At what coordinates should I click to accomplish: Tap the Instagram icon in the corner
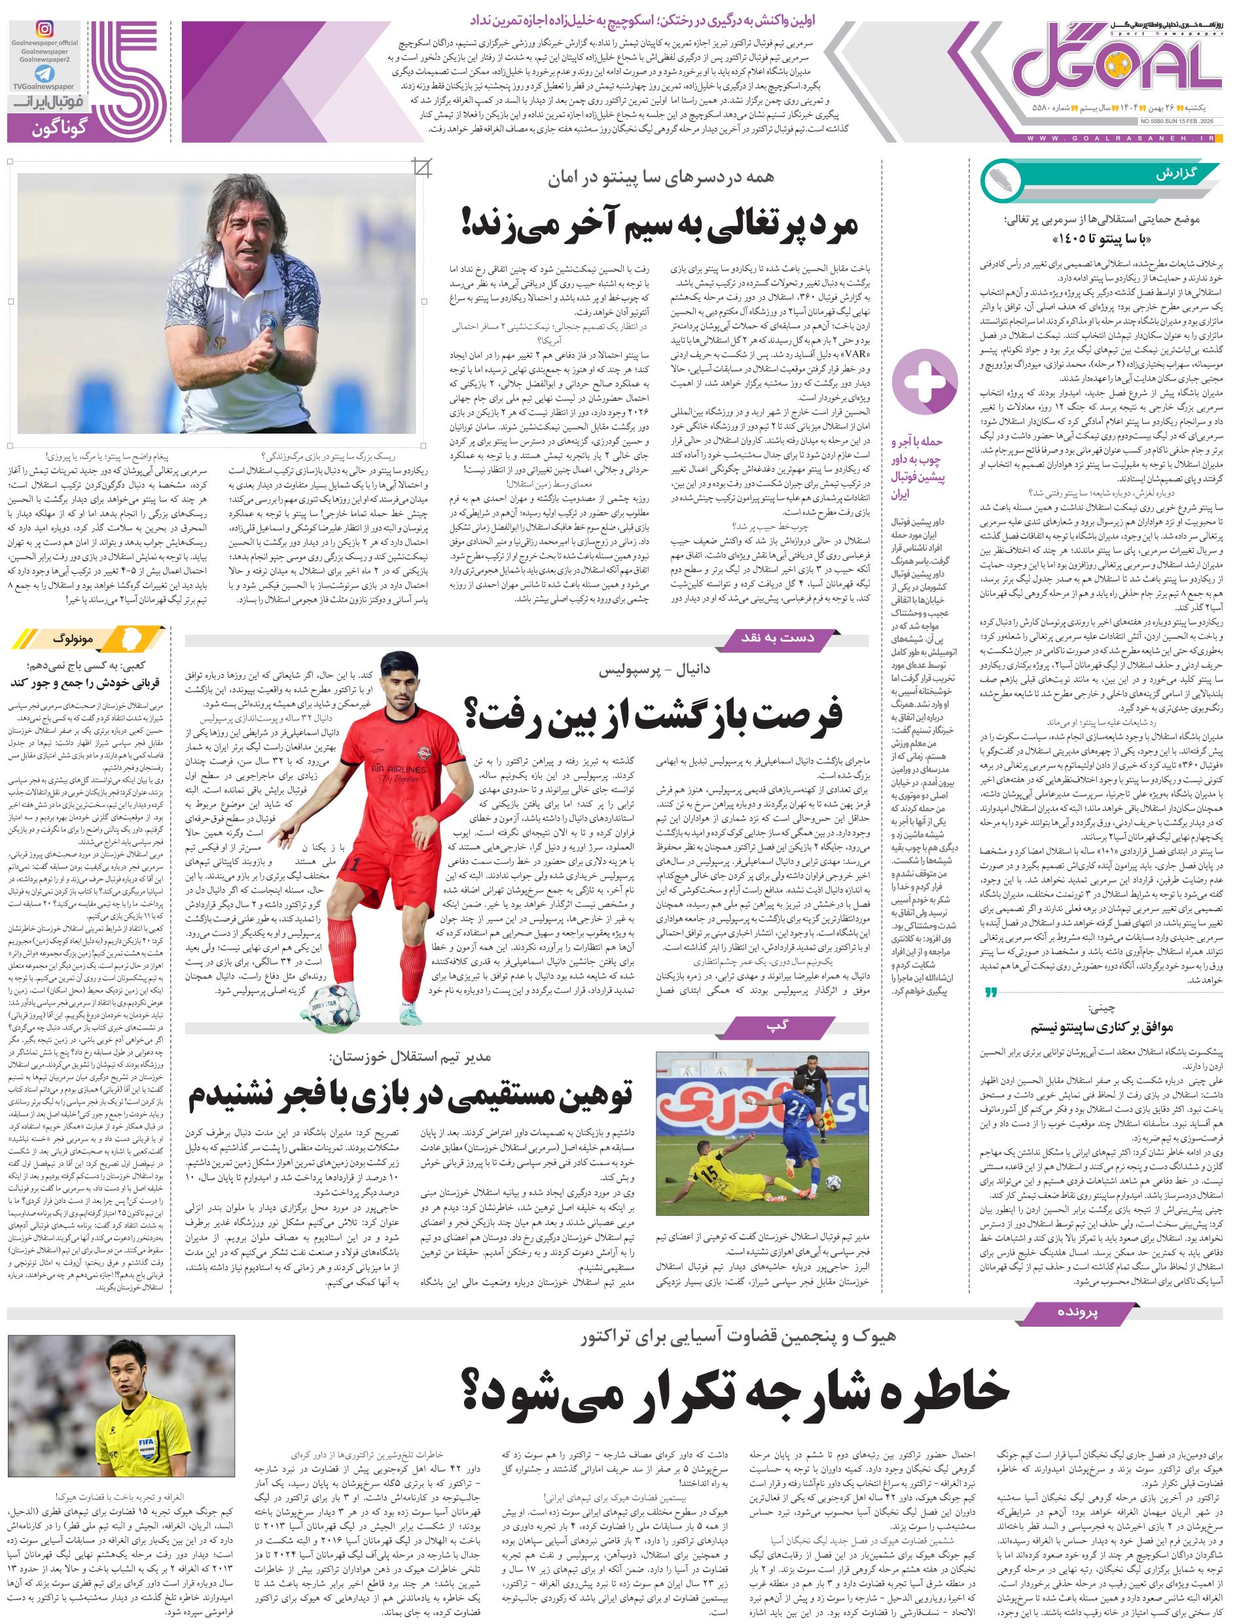45,29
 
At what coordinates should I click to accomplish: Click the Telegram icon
45,75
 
